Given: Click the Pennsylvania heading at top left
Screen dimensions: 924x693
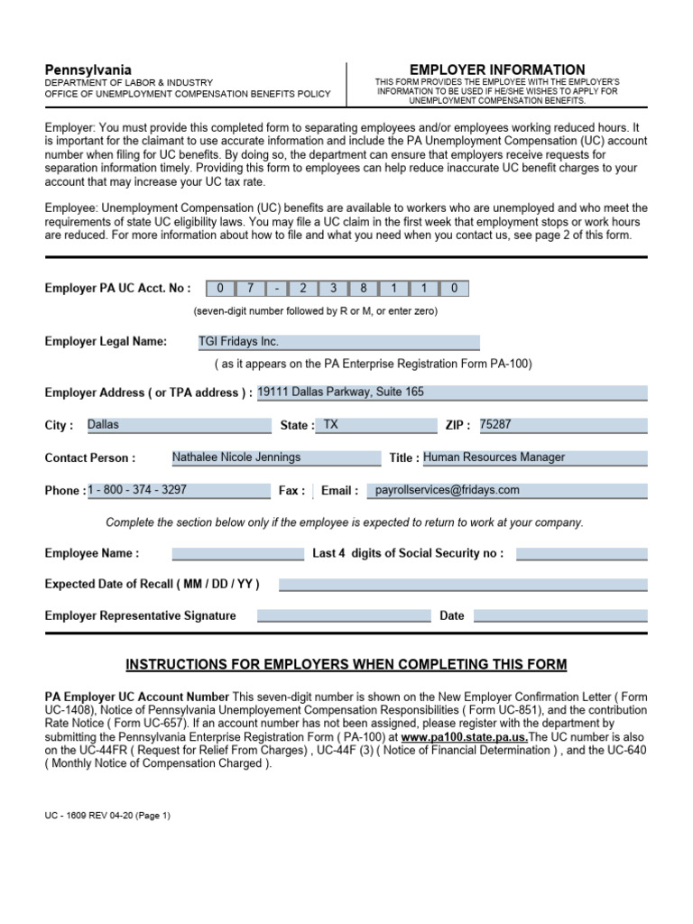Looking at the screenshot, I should click(88, 69).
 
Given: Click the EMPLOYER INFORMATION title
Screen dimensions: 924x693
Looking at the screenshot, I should click(497, 69).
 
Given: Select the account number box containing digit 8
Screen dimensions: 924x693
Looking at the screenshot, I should click(364, 289).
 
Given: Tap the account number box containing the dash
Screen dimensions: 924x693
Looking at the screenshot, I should click(276, 289).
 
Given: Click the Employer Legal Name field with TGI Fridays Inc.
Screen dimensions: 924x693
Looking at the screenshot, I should click(338, 342).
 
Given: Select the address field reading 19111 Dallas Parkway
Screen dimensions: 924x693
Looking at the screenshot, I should click(451, 393).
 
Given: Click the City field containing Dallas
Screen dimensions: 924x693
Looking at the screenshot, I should click(178, 425).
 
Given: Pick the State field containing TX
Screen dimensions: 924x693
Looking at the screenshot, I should click(376, 425).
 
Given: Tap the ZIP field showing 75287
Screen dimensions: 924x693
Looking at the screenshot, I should click(561, 425).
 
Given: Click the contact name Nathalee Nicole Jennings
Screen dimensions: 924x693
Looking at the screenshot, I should click(275, 457).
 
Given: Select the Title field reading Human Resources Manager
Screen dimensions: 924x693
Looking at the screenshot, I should click(534, 457).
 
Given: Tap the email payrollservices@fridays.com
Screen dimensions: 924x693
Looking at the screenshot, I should click(504, 490).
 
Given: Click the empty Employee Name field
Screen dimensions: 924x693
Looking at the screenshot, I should click(237, 553).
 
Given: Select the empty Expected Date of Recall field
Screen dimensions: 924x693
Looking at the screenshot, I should click(463, 585).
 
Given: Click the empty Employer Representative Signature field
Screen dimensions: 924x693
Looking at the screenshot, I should click(344, 616).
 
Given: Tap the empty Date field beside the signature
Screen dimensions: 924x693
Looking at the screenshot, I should click(559, 616).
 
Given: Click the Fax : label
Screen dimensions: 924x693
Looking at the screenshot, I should click(291, 491).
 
